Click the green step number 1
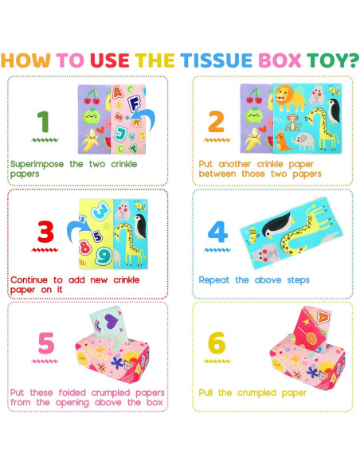point(43,121)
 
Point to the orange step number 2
point(216,121)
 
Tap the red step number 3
point(45,232)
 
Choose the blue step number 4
point(217,232)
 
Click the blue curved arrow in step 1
point(144,119)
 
